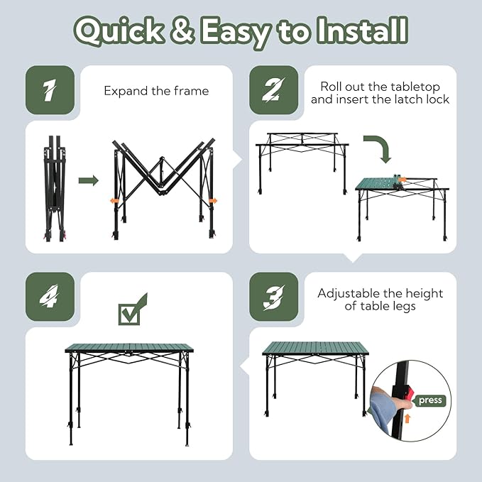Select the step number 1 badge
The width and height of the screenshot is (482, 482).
[50, 90]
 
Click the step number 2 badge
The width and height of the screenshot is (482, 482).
[273, 90]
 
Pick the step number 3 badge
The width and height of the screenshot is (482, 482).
[273, 297]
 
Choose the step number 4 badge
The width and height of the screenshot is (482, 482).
[50, 297]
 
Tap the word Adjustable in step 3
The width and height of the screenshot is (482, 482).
[351, 293]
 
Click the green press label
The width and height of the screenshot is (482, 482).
[430, 400]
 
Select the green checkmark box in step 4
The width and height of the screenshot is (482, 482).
[132, 310]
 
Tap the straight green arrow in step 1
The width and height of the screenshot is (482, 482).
[88, 181]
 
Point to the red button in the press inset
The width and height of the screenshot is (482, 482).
[410, 393]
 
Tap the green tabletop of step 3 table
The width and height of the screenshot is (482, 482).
[315, 348]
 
